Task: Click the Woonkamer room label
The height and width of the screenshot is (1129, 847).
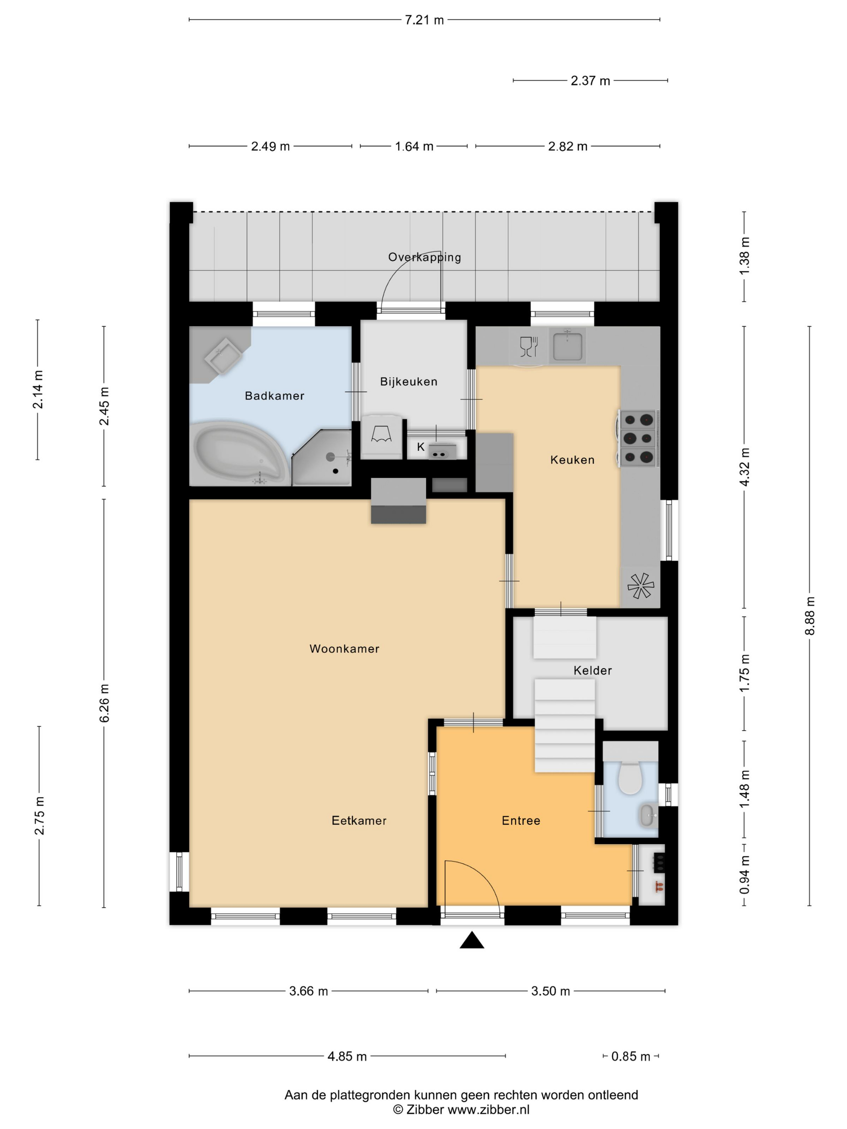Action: (344, 649)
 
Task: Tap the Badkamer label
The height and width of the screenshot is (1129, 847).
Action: (274, 396)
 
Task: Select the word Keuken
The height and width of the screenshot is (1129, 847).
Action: (572, 460)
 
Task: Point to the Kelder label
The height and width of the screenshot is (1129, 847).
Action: (592, 670)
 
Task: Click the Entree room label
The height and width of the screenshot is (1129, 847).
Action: (521, 820)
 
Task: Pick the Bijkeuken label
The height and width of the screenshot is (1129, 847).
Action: (409, 381)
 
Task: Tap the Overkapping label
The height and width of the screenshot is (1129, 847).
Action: (424, 257)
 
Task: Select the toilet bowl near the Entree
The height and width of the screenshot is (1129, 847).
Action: (630, 778)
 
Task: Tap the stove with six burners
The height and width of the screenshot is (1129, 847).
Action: (638, 438)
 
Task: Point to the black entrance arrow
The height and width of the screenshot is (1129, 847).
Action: (472, 940)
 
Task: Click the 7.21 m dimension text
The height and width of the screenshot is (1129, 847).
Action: (424, 20)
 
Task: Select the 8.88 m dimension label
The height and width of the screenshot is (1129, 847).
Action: (810, 616)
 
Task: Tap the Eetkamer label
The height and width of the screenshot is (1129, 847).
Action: (359, 820)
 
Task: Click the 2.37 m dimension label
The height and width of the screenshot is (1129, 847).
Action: (590, 81)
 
